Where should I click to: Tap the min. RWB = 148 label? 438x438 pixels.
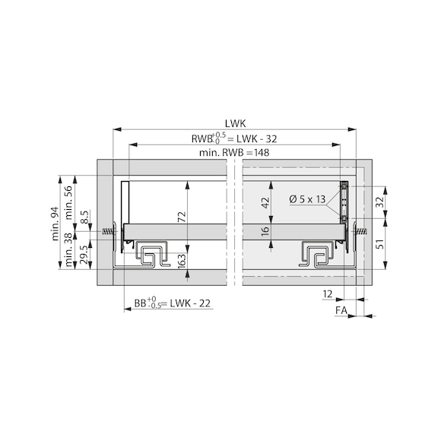[235, 152]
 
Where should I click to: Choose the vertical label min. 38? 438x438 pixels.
[70, 249]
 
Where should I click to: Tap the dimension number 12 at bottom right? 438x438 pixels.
[327, 293]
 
